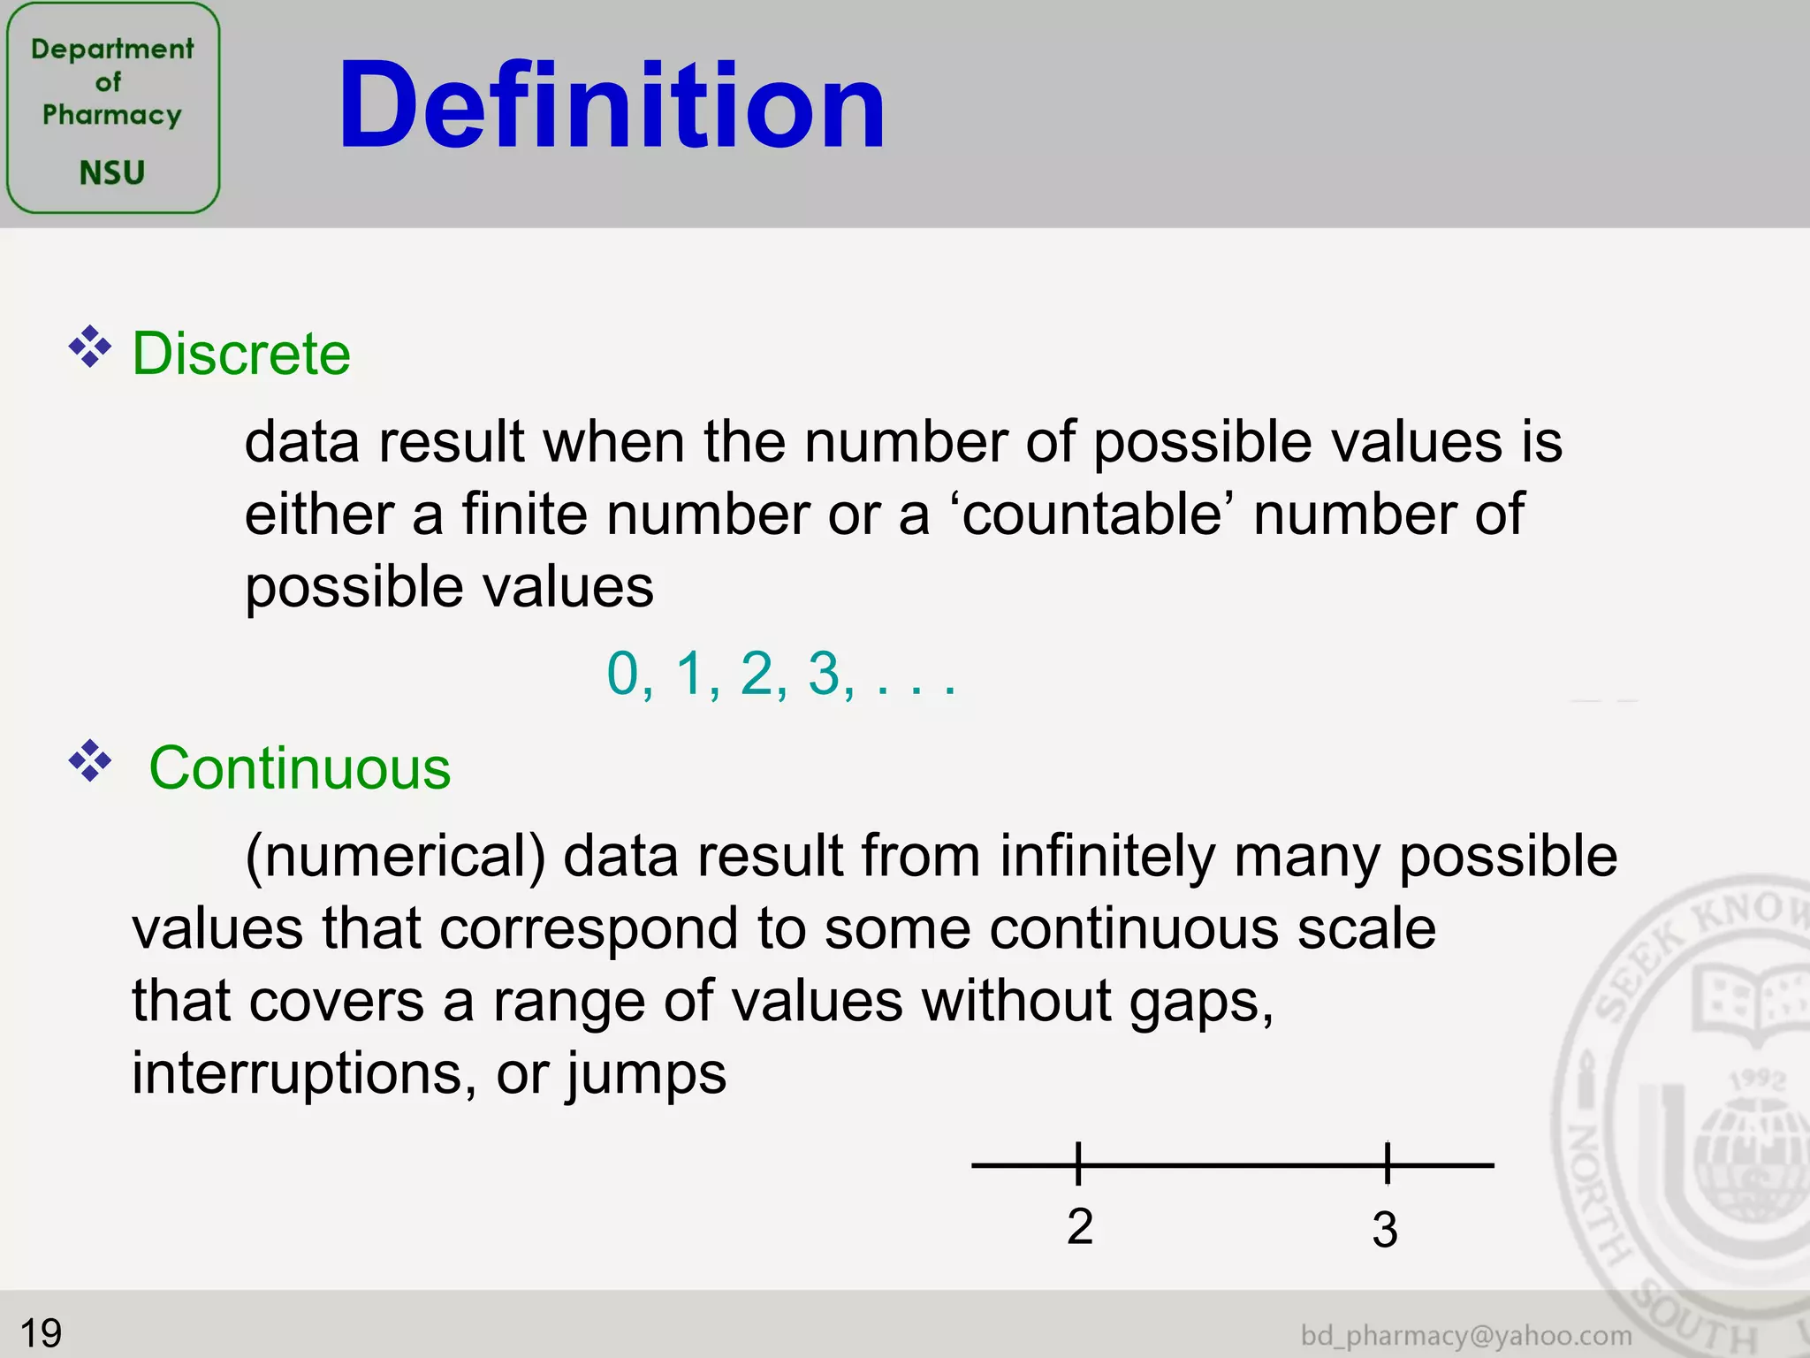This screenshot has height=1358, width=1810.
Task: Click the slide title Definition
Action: (611, 106)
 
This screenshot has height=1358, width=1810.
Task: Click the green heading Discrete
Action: (241, 354)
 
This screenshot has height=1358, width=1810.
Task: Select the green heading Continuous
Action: (300, 767)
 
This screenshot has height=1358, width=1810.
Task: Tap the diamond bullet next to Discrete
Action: (90, 347)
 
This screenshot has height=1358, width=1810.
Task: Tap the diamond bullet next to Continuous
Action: (90, 761)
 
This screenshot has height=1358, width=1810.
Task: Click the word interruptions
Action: (297, 1073)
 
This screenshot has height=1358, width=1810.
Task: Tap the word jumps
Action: (646, 1075)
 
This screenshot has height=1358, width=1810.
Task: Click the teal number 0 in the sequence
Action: (622, 674)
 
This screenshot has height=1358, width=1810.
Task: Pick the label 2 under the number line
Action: (1079, 1226)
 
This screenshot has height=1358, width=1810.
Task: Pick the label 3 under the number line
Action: (1385, 1229)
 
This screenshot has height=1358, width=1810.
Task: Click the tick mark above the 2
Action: (1078, 1163)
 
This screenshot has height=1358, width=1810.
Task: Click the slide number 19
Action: (41, 1332)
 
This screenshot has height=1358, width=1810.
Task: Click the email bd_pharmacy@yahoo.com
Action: (1466, 1335)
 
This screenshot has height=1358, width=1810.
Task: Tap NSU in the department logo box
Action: (112, 172)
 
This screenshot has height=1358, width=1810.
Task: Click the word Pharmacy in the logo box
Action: (112, 115)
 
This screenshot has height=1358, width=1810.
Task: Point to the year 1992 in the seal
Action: (1758, 1080)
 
